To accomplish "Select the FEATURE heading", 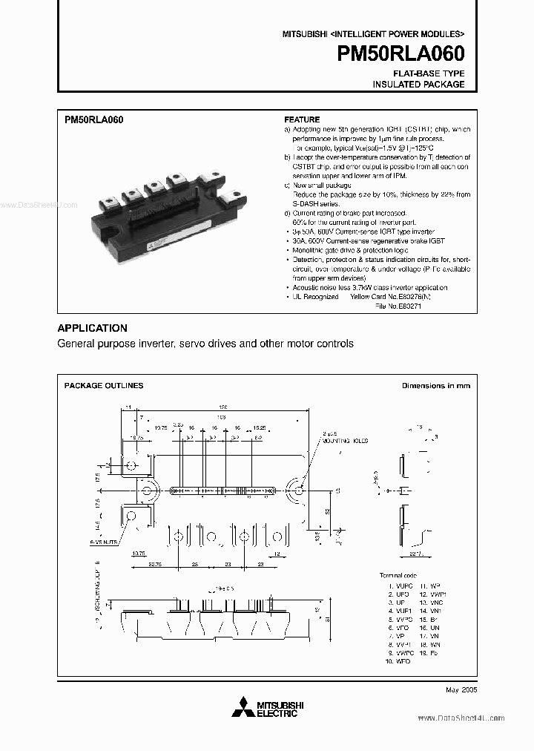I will pyautogui.click(x=302, y=119).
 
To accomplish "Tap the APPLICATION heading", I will pyautogui.click(x=92, y=328).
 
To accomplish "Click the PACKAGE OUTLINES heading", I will pyautogui.click(x=104, y=385).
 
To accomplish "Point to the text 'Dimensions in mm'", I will pyautogui.click(x=435, y=385).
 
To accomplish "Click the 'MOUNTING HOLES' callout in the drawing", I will pyautogui.click(x=340, y=441).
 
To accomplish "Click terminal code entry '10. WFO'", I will pyautogui.click(x=398, y=660).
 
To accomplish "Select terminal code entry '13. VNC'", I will pyautogui.click(x=432, y=602).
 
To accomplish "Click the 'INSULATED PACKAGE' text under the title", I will pyautogui.click(x=418, y=84).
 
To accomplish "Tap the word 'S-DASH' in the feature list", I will pyautogui.click(x=306, y=203).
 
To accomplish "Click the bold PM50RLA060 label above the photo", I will pyautogui.click(x=94, y=119).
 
